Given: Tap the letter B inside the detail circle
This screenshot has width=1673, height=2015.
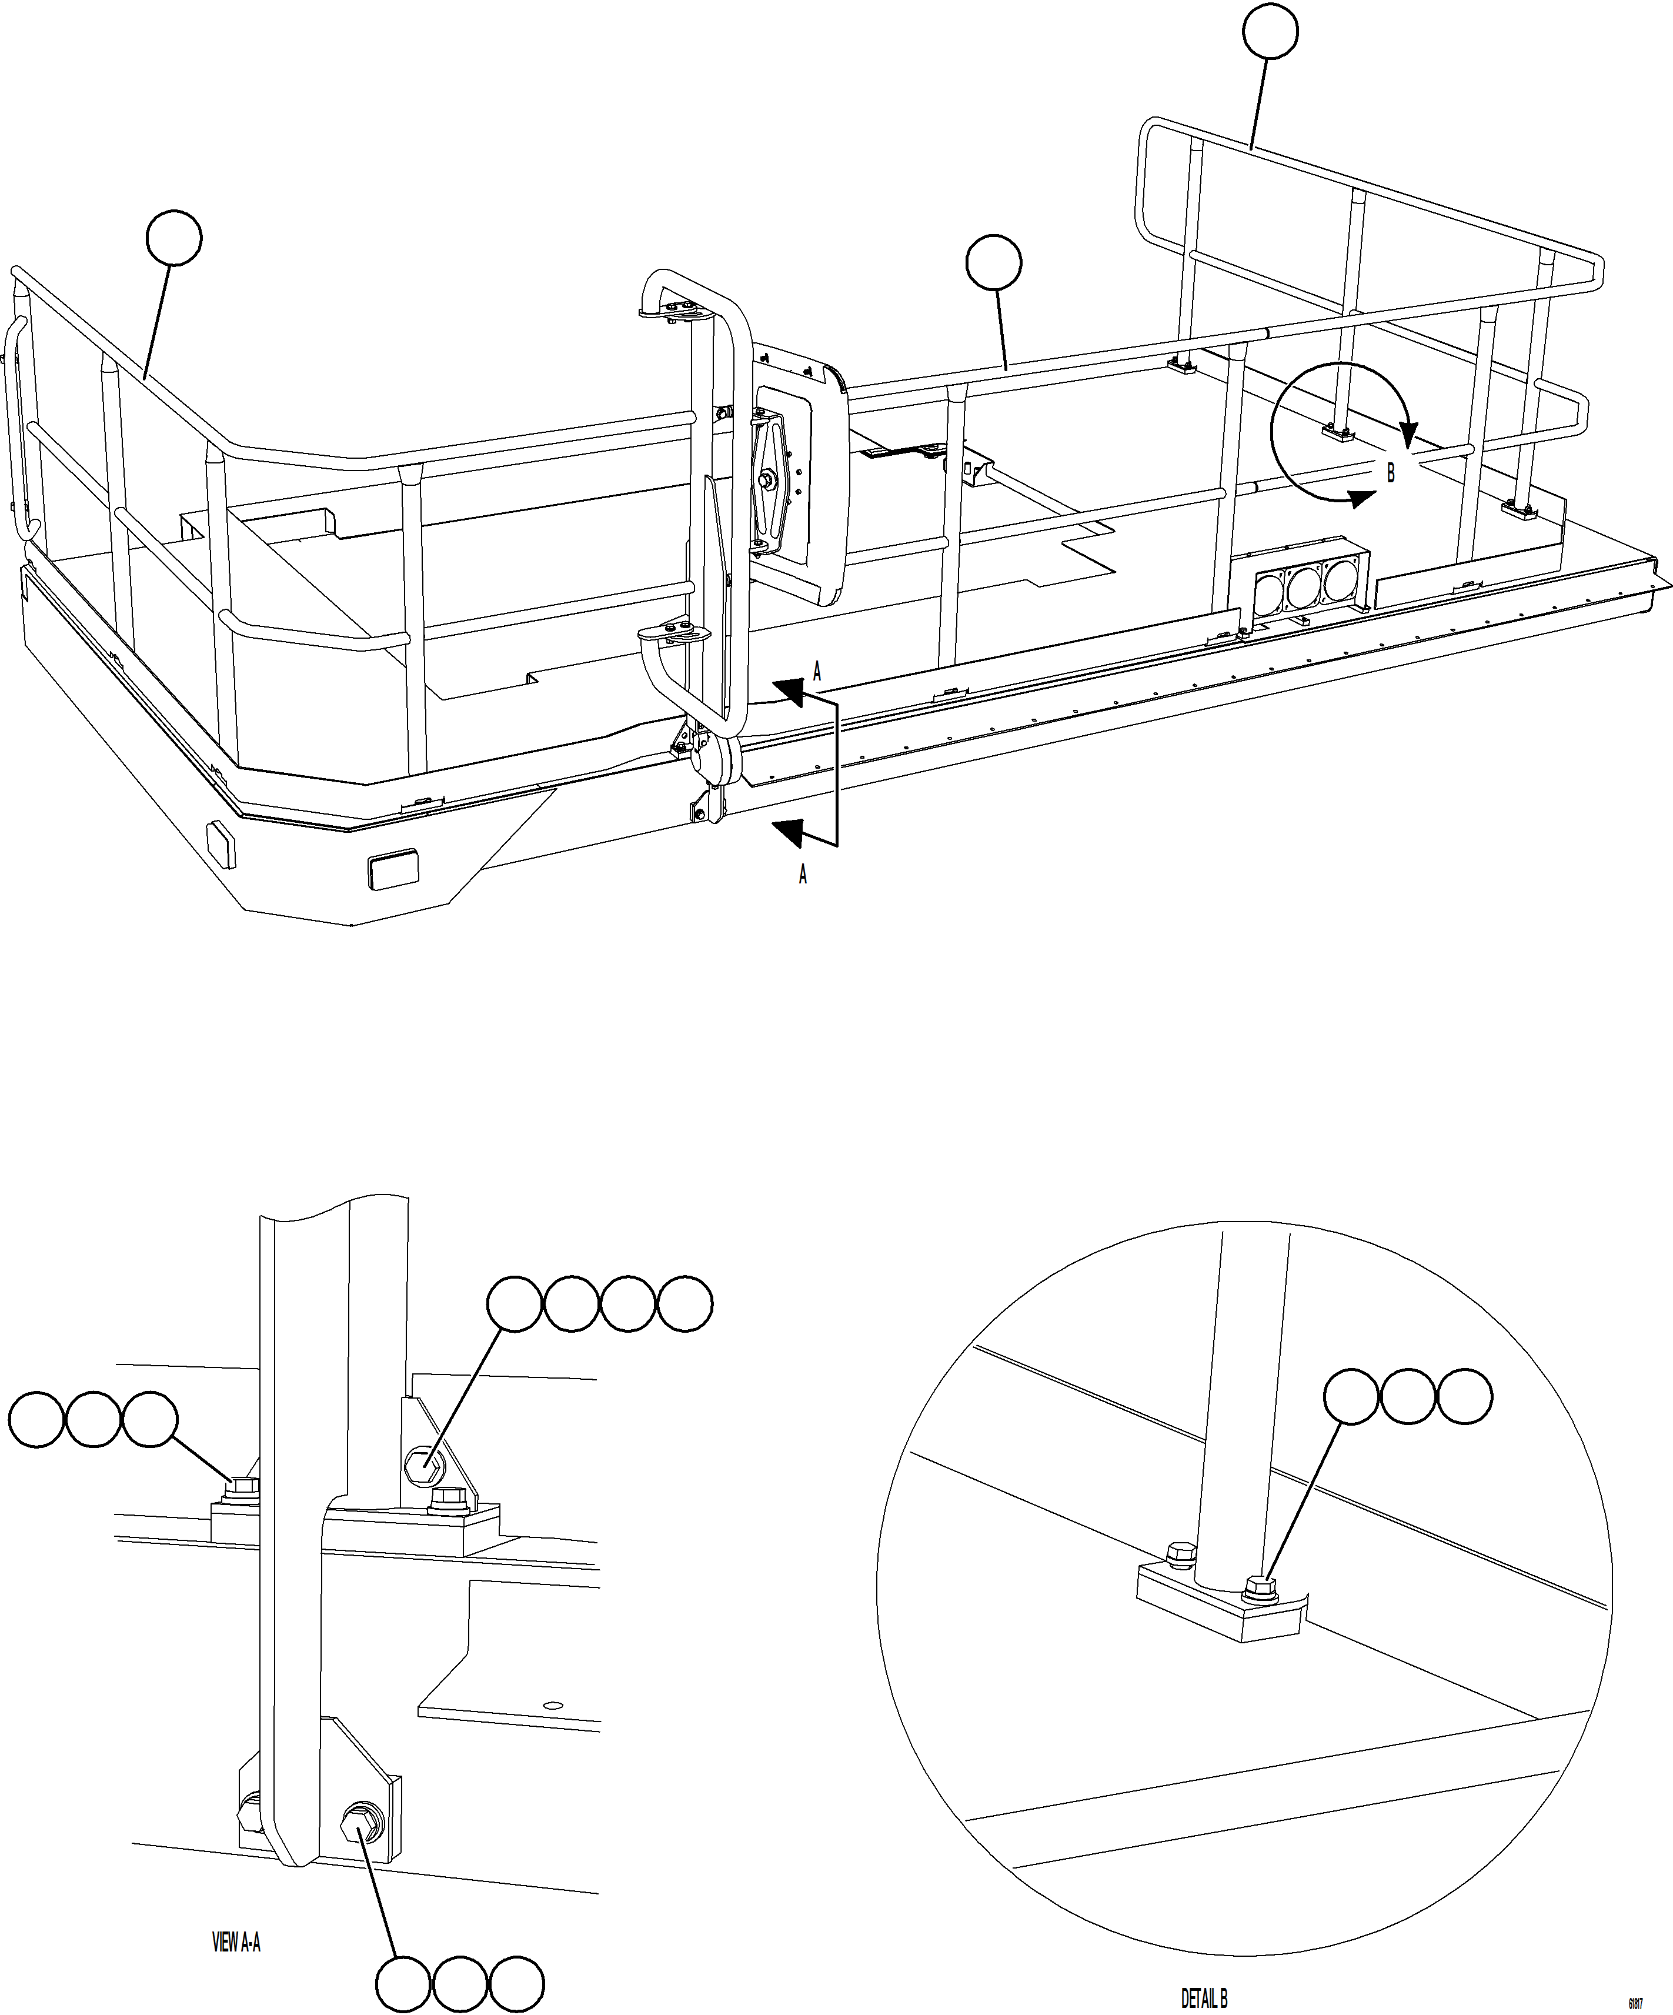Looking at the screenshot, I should (x=1390, y=473).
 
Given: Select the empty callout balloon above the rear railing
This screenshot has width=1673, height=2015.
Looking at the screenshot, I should (x=1270, y=32).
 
